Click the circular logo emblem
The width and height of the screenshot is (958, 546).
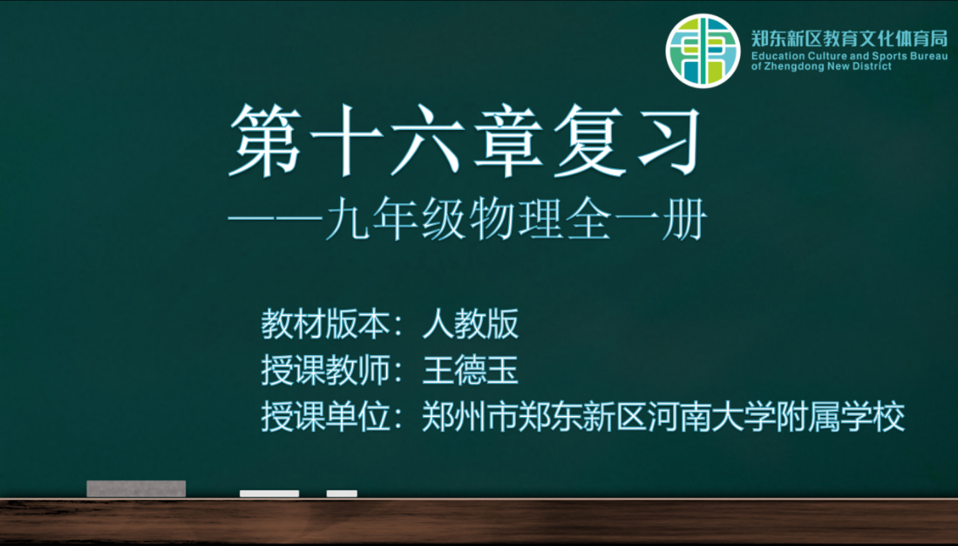[x=703, y=51]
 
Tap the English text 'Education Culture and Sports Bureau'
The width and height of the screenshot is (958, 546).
[x=849, y=56]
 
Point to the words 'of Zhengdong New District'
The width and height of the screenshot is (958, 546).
[x=821, y=66]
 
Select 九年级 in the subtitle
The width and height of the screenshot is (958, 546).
[x=396, y=219]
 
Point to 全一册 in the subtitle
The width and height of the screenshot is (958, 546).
[x=636, y=219]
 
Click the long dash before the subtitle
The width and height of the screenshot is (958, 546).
[x=276, y=218]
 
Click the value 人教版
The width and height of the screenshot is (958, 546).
[x=471, y=324]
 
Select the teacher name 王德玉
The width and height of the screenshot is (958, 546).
[x=471, y=371]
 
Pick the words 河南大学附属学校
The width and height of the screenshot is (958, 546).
[x=776, y=417]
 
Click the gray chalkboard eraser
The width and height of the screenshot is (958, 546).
[x=136, y=488]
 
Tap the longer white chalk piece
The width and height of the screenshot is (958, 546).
[x=269, y=494]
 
